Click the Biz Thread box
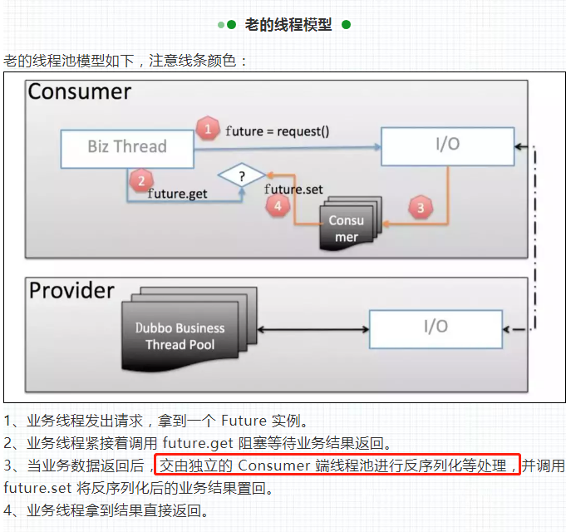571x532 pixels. tap(127, 147)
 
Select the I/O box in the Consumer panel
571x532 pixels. tap(447, 145)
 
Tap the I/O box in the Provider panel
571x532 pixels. tap(436, 328)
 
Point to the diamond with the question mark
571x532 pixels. tap(242, 176)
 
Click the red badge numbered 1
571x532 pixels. tap(206, 129)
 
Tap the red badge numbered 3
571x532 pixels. tap(421, 208)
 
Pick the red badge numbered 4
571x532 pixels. tap(279, 208)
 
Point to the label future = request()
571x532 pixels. tap(277, 131)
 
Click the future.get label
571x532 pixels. tap(177, 194)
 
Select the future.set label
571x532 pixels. tap(293, 190)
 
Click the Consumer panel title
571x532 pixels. tap(80, 91)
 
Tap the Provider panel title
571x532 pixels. tap(71, 290)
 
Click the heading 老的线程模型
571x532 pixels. tap(288, 25)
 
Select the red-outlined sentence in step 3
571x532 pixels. tap(337, 465)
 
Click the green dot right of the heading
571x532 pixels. tap(346, 25)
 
